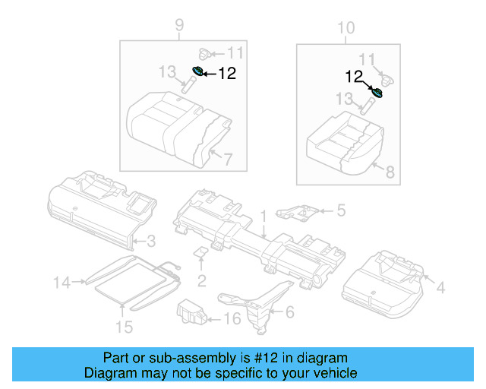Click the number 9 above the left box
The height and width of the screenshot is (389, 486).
point(179,27)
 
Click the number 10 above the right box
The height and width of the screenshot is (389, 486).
point(346,28)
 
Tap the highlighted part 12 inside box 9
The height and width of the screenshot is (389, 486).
point(197,71)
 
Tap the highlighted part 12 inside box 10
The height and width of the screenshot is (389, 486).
point(377,93)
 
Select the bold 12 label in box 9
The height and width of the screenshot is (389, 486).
point(227,74)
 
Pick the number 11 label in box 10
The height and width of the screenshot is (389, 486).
point(367,59)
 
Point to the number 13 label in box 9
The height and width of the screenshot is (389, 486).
point(168,71)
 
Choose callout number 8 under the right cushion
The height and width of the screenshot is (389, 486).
point(390,172)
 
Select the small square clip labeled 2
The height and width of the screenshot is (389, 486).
point(200,252)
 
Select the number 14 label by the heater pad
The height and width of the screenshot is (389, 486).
point(62,283)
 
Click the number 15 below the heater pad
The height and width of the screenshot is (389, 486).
point(123,327)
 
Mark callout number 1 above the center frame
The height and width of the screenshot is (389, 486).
point(264,216)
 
